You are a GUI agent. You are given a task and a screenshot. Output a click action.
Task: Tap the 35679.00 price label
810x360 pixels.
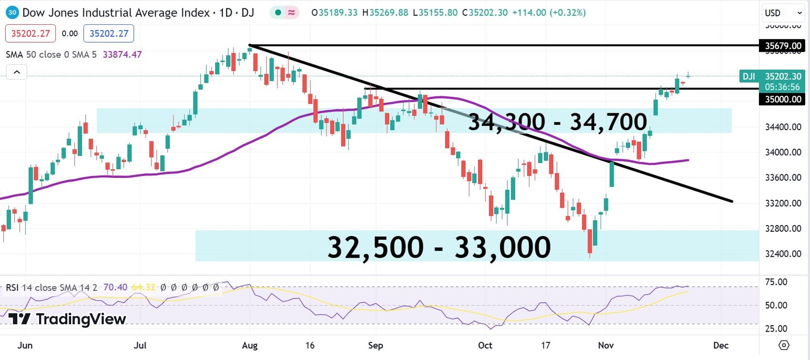click(783, 46)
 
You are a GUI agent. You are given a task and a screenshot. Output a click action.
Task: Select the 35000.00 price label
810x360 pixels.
click(783, 99)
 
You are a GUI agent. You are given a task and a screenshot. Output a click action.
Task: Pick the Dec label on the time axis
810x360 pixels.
click(720, 346)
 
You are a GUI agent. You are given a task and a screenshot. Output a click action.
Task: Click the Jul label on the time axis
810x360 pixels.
click(140, 346)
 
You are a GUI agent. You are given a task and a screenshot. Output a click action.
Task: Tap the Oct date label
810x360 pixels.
click(485, 346)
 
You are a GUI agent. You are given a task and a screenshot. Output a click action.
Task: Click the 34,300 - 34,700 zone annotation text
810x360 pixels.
click(557, 122)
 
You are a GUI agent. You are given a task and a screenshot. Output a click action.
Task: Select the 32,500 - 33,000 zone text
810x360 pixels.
click(439, 247)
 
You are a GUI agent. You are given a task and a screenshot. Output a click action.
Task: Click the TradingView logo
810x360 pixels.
click(67, 319)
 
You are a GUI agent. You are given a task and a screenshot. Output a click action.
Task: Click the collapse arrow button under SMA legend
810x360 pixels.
click(16, 72)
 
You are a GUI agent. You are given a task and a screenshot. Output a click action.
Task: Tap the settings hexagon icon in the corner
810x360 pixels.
click(784, 345)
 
